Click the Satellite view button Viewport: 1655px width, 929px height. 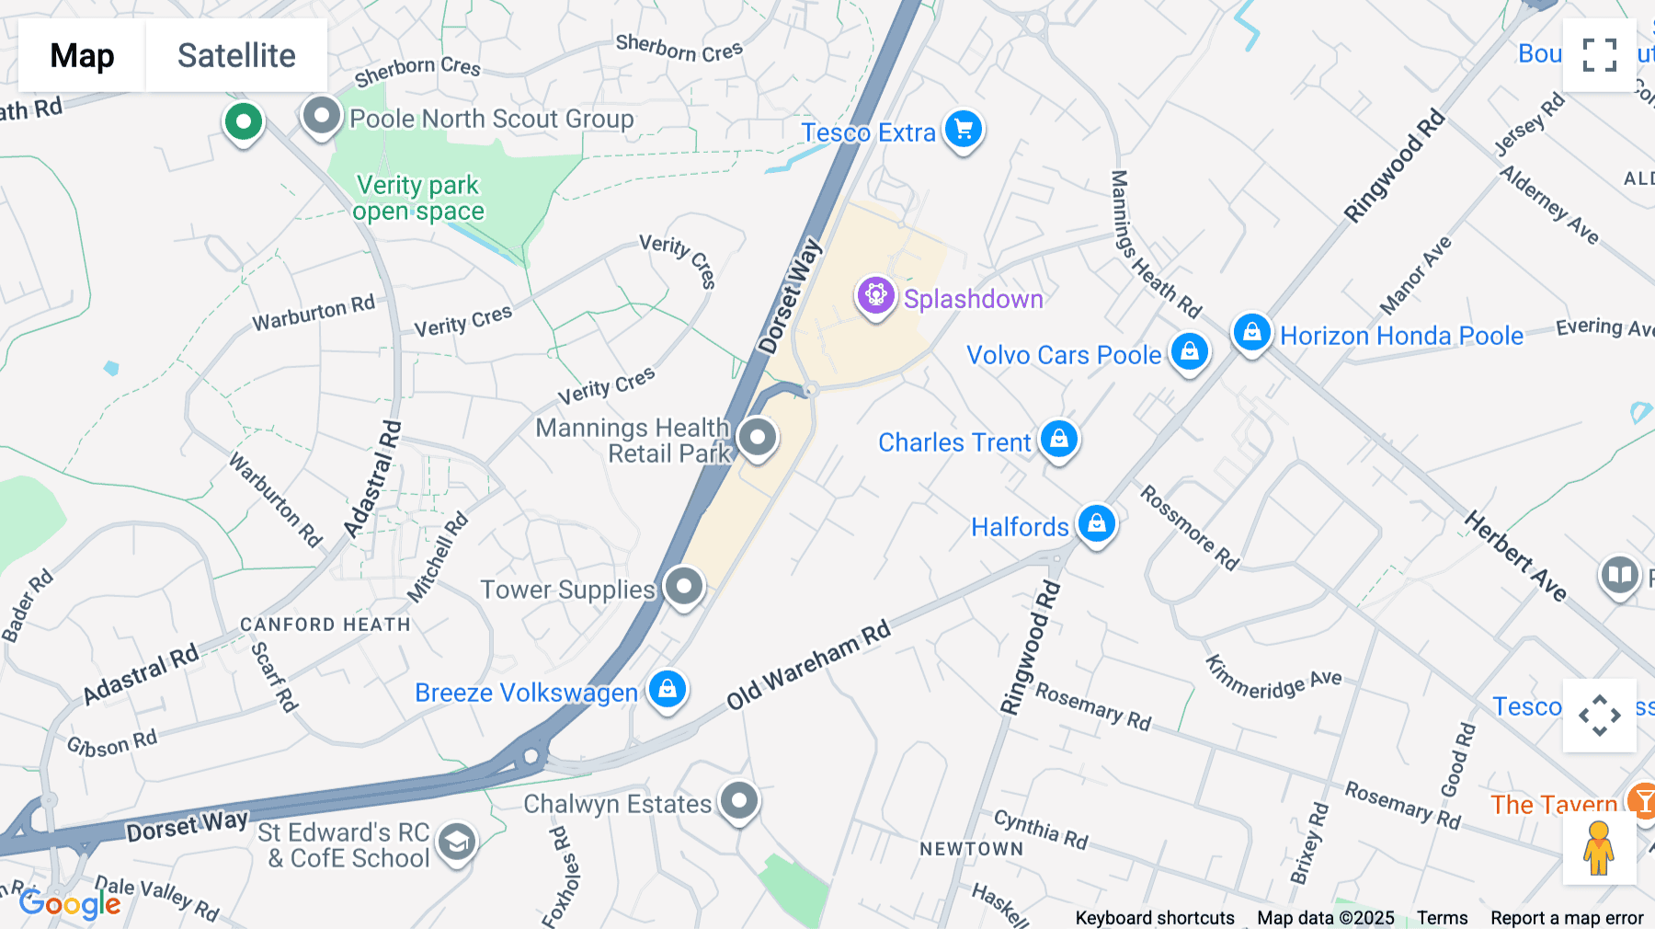pyautogui.click(x=236, y=55)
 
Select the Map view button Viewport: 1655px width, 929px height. pyautogui.click(x=82, y=55)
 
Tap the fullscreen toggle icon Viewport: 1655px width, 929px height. pyautogui.click(x=1599, y=55)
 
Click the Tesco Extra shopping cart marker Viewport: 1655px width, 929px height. pyautogui.click(x=963, y=129)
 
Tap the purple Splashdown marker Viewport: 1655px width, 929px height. pyautogui.click(x=875, y=296)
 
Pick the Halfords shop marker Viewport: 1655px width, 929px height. pyautogui.click(x=1096, y=524)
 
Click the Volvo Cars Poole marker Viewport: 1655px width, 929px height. pyautogui.click(x=1189, y=351)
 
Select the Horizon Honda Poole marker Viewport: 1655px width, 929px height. pyautogui.click(x=1251, y=333)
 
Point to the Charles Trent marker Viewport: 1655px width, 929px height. pyautogui.click(x=1058, y=440)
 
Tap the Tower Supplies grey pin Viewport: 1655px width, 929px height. pyautogui.click(x=683, y=586)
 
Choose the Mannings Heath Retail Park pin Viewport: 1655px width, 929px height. pyautogui.click(x=757, y=437)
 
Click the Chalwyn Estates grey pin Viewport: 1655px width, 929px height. pyautogui.click(x=738, y=801)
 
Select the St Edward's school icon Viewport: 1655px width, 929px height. pyautogui.click(x=456, y=842)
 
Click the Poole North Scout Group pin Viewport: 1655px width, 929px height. pyautogui.click(x=321, y=116)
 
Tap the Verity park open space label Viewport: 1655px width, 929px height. pyautogui.click(x=418, y=198)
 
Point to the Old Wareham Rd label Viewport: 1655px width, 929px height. pyautogui.click(x=809, y=665)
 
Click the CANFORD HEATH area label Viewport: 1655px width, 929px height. pyautogui.click(x=325, y=625)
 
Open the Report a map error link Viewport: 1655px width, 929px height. pyautogui.click(x=1567, y=917)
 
